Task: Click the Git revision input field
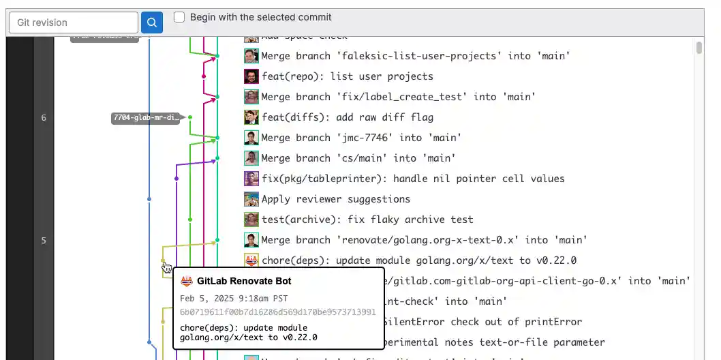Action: click(73, 22)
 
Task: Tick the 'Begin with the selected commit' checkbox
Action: click(179, 17)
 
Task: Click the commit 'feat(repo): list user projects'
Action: click(347, 76)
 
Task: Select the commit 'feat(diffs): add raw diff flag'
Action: click(347, 117)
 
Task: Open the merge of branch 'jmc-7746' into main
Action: click(361, 138)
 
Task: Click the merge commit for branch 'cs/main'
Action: click(358, 158)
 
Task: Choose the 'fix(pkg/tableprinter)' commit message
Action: click(413, 179)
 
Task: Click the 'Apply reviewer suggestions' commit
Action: click(335, 199)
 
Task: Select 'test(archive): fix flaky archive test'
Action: click(367, 220)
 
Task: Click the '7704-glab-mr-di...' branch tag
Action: click(146, 118)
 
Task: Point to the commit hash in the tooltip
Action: click(278, 312)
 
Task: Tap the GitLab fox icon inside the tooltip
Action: click(186, 281)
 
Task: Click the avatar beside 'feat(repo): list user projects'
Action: click(251, 76)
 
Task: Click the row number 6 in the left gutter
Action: click(44, 118)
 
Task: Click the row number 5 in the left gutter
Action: click(44, 240)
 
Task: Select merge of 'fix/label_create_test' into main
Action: click(398, 97)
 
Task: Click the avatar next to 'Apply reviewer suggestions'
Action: click(251, 199)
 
